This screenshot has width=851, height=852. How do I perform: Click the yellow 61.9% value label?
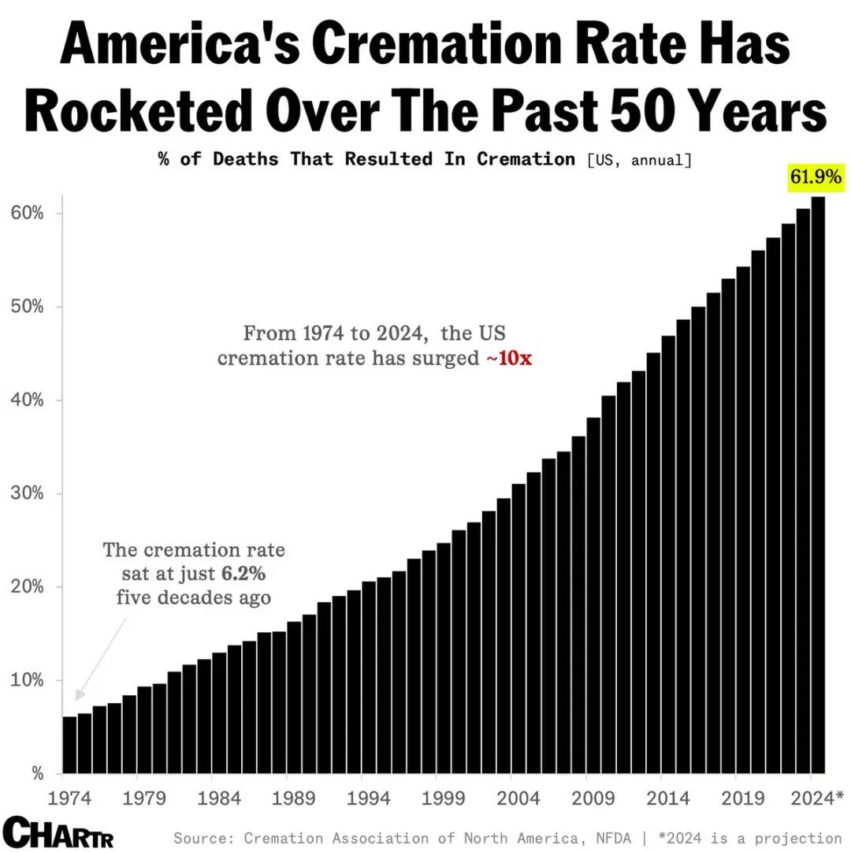point(816,177)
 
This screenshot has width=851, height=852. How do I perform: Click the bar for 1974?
point(69,744)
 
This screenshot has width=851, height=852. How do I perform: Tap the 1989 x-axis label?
point(293,798)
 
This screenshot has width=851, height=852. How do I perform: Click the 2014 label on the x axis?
point(668,798)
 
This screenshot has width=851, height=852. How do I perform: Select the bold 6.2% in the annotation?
point(243,573)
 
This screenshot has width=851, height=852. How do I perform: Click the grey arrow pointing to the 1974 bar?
point(100,657)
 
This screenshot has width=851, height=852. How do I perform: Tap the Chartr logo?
point(58,832)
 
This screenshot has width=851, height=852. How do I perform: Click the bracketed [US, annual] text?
point(638,160)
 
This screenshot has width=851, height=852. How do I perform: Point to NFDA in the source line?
point(615,838)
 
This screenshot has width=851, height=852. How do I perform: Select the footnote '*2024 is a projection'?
point(749,838)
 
